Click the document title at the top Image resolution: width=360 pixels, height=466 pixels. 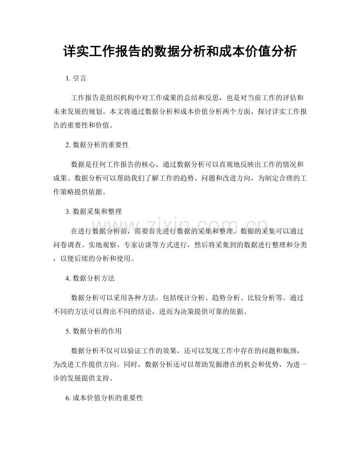(180, 52)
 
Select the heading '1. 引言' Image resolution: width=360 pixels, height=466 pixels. (76, 78)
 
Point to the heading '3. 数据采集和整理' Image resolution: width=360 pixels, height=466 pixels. (94, 211)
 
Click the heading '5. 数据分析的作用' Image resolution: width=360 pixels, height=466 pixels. (94, 331)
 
